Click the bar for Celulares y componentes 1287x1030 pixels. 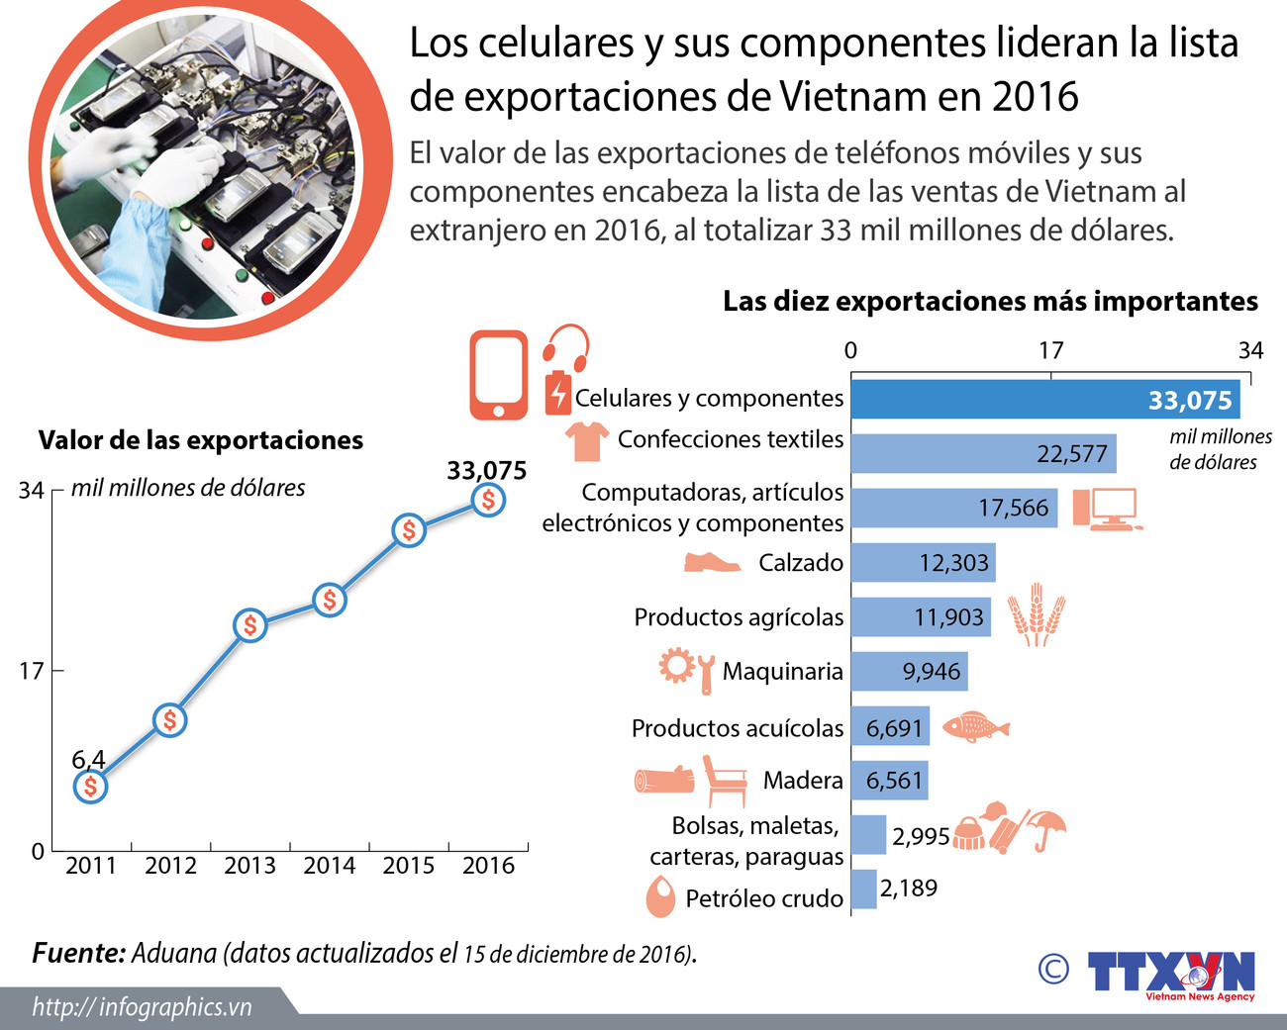coord(1044,400)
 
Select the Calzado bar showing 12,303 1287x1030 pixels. coord(923,563)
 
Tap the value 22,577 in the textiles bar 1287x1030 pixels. coord(1072,454)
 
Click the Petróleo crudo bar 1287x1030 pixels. coord(863,889)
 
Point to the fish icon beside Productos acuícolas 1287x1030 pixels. coord(975,727)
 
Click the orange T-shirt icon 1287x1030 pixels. coord(586,440)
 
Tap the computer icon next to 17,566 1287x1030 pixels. coord(1106,509)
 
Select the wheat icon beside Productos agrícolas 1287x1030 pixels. coord(1036,614)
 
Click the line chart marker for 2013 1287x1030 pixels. coord(250,625)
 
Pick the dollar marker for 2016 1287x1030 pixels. coord(488,501)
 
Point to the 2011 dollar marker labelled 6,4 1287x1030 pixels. coord(90,787)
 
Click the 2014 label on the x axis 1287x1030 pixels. coord(329,866)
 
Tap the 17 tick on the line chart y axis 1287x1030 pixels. coord(32,671)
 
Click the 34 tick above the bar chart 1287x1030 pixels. coord(1250,350)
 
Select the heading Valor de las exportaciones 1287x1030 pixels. coord(201,440)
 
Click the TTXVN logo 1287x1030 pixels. coord(1170,973)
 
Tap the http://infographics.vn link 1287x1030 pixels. coord(142,1007)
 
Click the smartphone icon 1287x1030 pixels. coord(499,375)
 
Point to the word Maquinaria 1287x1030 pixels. coord(782,672)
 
